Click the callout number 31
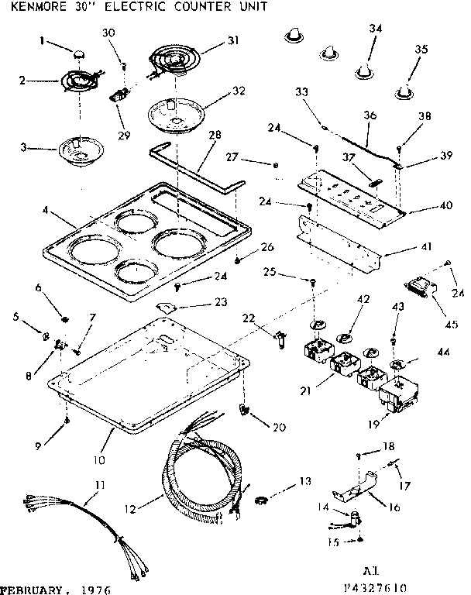click(x=232, y=41)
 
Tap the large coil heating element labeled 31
click(x=174, y=58)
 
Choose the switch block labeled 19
click(x=396, y=397)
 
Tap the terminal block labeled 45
click(x=421, y=294)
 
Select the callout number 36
click(x=370, y=115)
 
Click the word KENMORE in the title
click(x=29, y=6)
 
